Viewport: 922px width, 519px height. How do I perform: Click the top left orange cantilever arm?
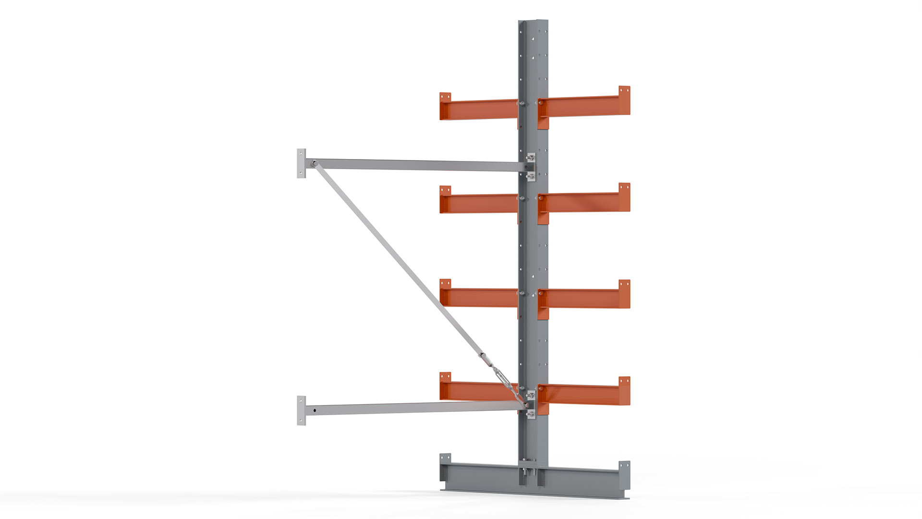[x=480, y=110]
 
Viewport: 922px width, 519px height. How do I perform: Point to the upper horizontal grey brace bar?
[x=418, y=165]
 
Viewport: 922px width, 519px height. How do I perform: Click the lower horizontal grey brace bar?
[x=418, y=408]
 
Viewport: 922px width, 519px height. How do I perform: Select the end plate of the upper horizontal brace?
[x=301, y=163]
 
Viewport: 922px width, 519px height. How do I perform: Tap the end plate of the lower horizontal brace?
[x=301, y=410]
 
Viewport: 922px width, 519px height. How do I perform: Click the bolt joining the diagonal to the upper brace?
[x=314, y=163]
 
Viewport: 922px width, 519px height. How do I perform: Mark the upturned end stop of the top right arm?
[x=624, y=100]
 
